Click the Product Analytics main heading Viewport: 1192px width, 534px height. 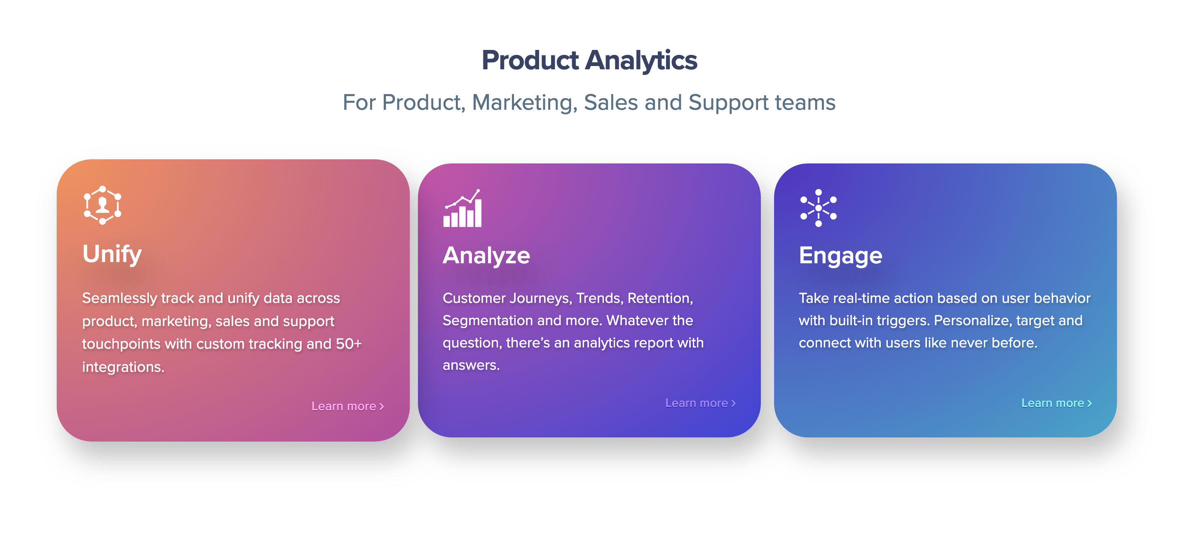coord(589,61)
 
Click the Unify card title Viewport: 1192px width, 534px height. coord(112,254)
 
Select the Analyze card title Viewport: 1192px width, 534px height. coord(486,255)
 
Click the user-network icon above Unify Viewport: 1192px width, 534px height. coord(102,205)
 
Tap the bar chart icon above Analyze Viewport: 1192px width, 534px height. coord(462,208)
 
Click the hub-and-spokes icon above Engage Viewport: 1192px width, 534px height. coord(818,208)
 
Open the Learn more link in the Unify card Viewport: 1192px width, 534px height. coord(347,406)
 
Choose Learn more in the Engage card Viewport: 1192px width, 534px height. coord(1056,403)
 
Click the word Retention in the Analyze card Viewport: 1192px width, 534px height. coord(660,298)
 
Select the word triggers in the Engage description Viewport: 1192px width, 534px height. coord(896,321)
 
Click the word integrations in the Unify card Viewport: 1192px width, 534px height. coord(123,367)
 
